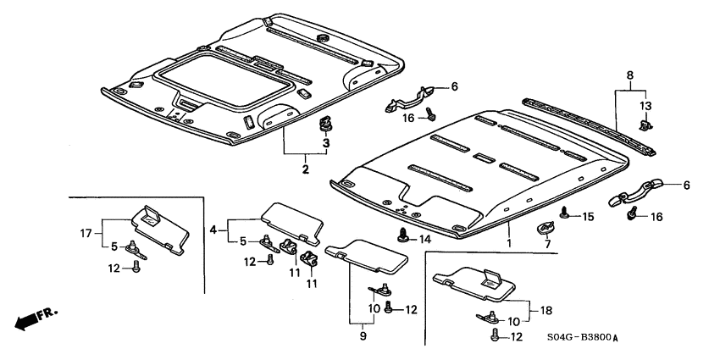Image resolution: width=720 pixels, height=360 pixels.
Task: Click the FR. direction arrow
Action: click(x=32, y=319)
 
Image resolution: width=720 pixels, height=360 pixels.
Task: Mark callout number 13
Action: click(x=645, y=106)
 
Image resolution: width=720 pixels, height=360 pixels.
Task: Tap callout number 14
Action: click(x=425, y=240)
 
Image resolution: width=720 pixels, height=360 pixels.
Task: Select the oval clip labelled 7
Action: click(x=545, y=227)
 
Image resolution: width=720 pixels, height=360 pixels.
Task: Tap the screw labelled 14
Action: click(x=403, y=235)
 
